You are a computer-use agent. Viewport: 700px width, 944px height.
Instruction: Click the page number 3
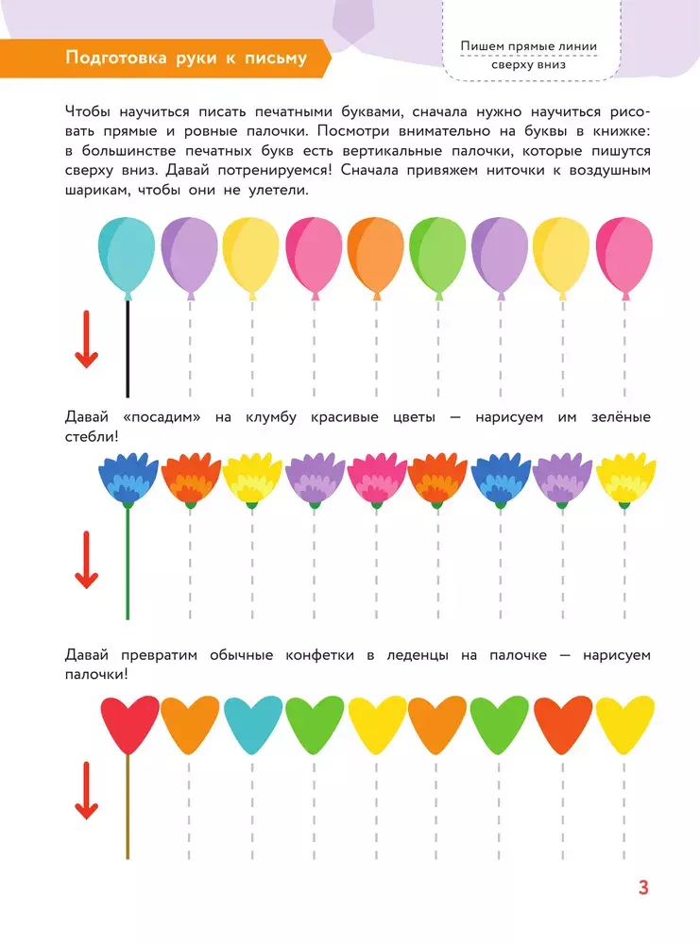tap(643, 887)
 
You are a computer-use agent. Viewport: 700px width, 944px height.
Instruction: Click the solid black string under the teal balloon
tap(128, 349)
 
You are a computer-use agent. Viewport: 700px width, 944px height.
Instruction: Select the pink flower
tap(376, 479)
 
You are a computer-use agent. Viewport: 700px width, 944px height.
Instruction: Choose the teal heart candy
tap(251, 725)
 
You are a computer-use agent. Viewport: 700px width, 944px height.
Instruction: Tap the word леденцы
tap(442, 654)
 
